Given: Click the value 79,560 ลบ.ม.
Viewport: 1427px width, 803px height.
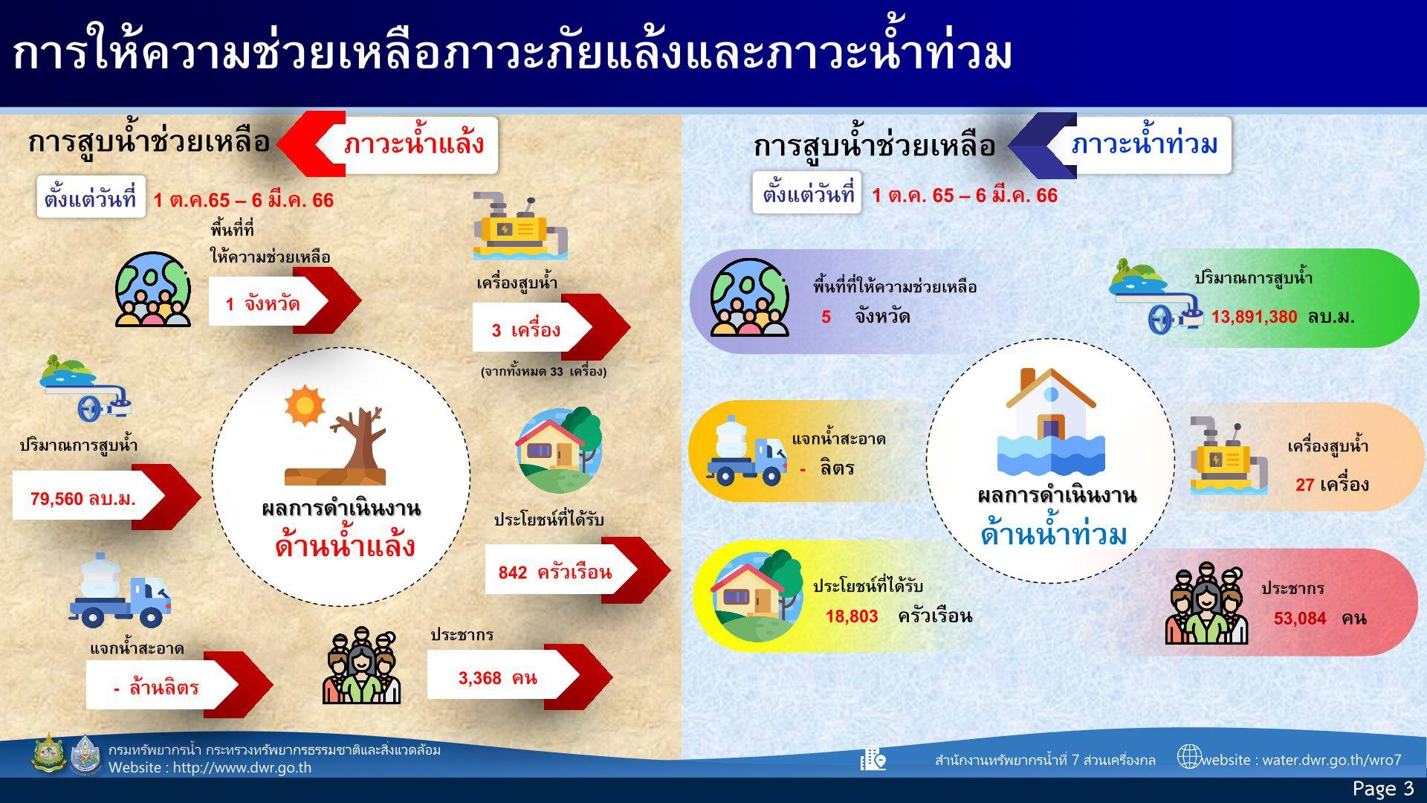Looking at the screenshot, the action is click(83, 499).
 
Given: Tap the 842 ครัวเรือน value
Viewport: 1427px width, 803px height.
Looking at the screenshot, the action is click(555, 572).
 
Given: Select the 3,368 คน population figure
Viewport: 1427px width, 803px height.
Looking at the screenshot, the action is click(497, 678).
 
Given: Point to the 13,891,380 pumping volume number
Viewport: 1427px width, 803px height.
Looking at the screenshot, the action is click(1254, 317).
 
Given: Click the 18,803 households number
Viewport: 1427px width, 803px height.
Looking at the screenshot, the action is click(852, 616).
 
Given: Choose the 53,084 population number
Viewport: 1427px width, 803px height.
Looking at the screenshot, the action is click(1300, 619).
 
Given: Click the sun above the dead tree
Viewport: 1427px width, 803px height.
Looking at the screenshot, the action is click(304, 405).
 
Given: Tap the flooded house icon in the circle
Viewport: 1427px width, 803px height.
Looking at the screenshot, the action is click(1050, 422).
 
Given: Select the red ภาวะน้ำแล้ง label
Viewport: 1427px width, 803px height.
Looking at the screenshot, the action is click(414, 143).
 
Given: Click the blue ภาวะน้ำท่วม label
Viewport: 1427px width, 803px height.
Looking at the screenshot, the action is click(1145, 143).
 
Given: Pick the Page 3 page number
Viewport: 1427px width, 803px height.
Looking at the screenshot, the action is click(1383, 788).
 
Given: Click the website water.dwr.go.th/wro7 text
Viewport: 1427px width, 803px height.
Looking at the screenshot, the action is click(1301, 760).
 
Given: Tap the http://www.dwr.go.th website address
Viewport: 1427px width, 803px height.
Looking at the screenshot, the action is click(242, 767).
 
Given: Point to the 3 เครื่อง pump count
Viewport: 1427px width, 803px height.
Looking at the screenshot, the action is click(525, 330).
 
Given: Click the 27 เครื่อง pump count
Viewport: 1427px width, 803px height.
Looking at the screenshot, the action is click(1332, 485).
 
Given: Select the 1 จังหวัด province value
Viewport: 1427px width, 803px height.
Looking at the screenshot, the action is click(263, 304).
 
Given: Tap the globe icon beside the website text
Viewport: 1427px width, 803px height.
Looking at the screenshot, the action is click(1189, 757).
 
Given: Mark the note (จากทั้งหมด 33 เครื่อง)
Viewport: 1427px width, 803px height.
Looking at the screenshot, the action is click(543, 371).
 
